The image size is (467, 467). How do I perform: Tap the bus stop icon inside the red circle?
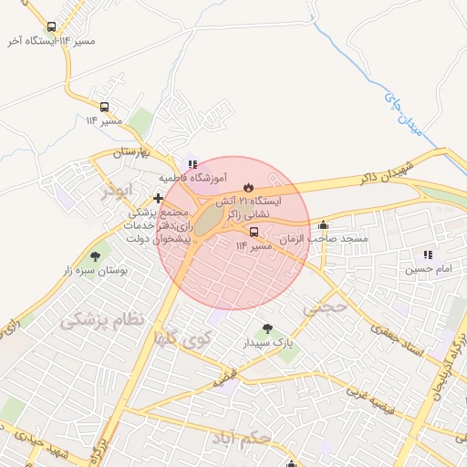click(254, 232)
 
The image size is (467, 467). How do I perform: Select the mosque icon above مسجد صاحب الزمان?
click(323, 225)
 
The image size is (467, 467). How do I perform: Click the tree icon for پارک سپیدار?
click(267, 329)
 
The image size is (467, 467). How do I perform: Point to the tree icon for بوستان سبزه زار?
click(96, 257)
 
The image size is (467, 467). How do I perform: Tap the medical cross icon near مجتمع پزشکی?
click(159, 198)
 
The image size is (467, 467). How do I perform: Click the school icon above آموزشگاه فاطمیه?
click(192, 164)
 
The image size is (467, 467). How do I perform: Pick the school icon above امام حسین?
click(428, 255)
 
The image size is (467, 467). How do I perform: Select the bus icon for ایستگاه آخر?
click(51, 27)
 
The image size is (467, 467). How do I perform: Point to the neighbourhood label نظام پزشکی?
click(102, 320)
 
